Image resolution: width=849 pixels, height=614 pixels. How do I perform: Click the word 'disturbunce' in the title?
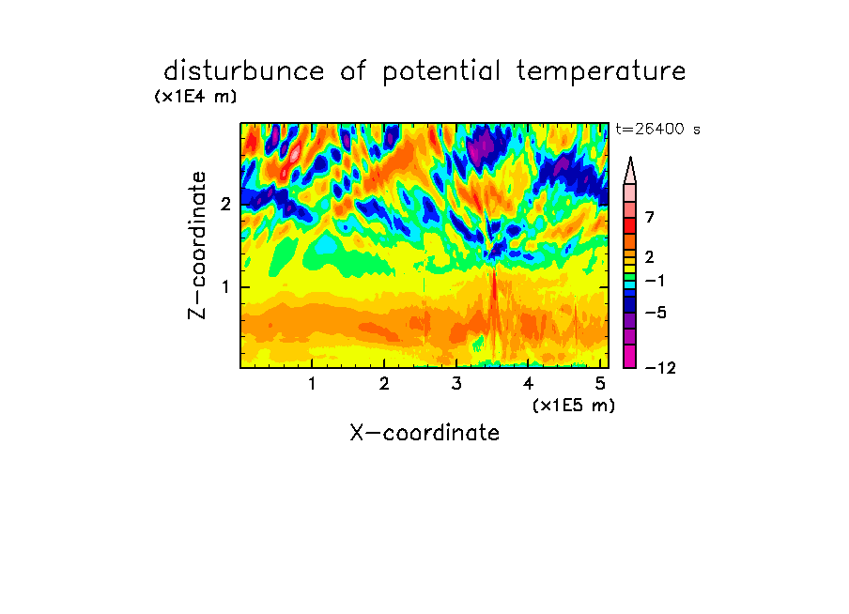click(244, 71)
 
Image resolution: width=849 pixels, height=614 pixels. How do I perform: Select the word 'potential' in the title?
click(441, 72)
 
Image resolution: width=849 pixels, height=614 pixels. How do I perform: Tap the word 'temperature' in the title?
click(601, 72)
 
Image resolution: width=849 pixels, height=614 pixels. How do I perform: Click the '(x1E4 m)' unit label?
click(195, 97)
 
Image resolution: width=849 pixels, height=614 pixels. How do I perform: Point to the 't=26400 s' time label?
click(657, 129)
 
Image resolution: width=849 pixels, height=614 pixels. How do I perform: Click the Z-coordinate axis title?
click(197, 245)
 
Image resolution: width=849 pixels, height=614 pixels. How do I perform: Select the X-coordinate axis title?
click(424, 433)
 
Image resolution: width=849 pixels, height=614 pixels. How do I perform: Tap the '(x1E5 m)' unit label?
click(574, 405)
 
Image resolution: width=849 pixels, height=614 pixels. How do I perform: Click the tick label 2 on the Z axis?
click(225, 204)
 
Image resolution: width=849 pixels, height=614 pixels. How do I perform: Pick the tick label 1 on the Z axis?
click(225, 287)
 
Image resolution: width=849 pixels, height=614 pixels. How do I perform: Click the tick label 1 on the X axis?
click(313, 383)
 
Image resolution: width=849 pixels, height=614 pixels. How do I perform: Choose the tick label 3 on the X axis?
click(456, 383)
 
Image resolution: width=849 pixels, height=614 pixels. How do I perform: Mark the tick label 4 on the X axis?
click(529, 383)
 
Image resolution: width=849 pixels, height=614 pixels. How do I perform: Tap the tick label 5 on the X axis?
click(600, 383)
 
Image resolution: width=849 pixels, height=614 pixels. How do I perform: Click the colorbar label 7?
click(650, 217)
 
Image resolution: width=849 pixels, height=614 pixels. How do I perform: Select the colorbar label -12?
click(660, 368)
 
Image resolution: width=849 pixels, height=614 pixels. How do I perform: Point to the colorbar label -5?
click(656, 313)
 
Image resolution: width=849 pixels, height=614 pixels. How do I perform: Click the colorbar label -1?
click(655, 281)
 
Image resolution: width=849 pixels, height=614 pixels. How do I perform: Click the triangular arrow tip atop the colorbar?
click(630, 158)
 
